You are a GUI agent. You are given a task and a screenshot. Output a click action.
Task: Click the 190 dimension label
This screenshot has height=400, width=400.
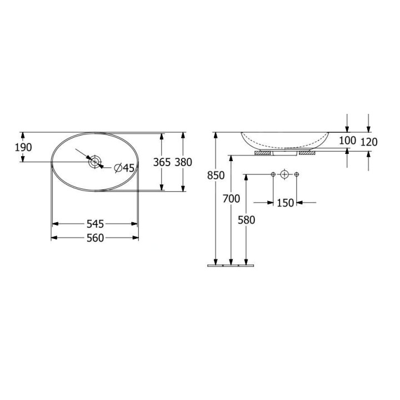coord(23,147)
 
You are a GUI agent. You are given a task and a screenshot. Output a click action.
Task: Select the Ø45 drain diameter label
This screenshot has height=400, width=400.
coord(124,168)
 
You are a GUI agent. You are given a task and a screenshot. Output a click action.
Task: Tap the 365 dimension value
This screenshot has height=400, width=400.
coord(162,162)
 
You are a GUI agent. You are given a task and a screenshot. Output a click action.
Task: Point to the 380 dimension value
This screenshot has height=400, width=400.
coord(183,162)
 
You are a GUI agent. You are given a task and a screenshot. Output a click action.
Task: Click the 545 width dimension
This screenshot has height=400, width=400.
coord(95,224)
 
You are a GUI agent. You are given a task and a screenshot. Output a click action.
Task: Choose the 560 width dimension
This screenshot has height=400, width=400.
coord(95,238)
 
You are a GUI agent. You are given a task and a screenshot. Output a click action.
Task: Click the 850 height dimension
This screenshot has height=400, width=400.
coord(216,175)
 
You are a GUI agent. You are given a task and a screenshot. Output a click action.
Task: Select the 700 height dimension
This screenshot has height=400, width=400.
coord(231,198)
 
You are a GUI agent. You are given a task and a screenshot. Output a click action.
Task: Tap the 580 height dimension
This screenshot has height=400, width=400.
coord(247,219)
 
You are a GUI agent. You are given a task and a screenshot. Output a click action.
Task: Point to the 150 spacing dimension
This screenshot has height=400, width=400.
coord(285,203)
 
